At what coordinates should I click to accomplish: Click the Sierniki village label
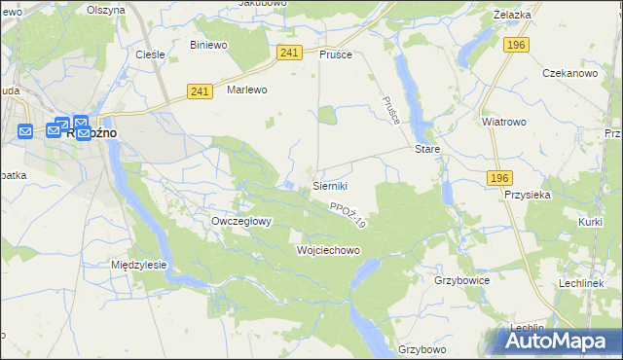[330, 185]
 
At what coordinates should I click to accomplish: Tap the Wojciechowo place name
[328, 250]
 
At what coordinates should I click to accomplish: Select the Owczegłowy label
[241, 221]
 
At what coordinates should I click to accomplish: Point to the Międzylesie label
[139, 265]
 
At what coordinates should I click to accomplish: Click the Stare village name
[427, 150]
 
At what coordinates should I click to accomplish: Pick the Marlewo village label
[246, 89]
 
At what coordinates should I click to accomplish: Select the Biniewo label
[208, 45]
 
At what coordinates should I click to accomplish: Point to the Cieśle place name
[151, 54]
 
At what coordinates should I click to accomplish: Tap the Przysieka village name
[529, 194]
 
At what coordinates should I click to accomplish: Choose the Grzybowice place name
[461, 280]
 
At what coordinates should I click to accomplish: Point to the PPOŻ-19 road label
[348, 215]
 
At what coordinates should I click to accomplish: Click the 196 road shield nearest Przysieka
[500, 177]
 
